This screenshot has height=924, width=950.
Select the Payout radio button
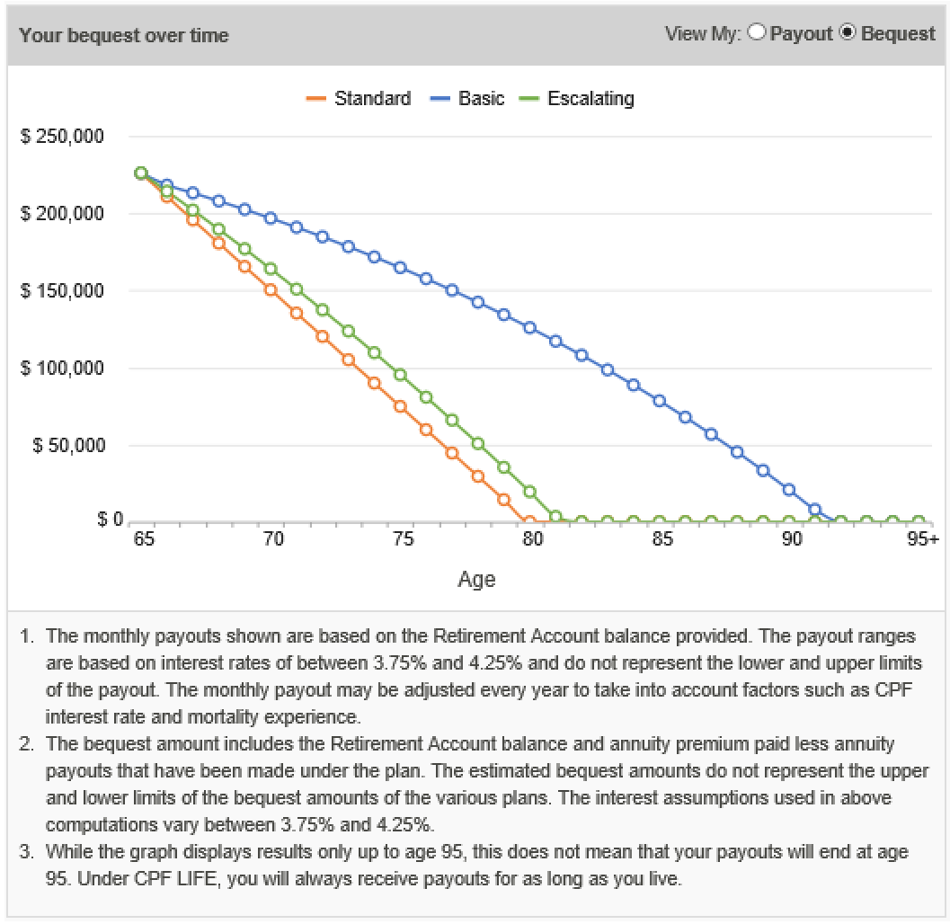coord(757,33)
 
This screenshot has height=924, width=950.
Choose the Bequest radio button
coord(847,33)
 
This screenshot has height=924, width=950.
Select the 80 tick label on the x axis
coord(533,539)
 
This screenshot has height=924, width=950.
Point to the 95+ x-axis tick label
coord(921,539)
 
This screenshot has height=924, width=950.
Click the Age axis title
coord(476,580)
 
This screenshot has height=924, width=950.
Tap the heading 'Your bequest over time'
coord(124,36)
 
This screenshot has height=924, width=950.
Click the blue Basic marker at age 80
coord(529,327)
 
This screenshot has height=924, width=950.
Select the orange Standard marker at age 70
coord(271,289)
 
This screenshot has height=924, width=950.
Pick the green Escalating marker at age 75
coord(400,375)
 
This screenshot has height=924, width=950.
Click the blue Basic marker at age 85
coord(659,401)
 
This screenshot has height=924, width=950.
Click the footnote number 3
coord(28,851)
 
